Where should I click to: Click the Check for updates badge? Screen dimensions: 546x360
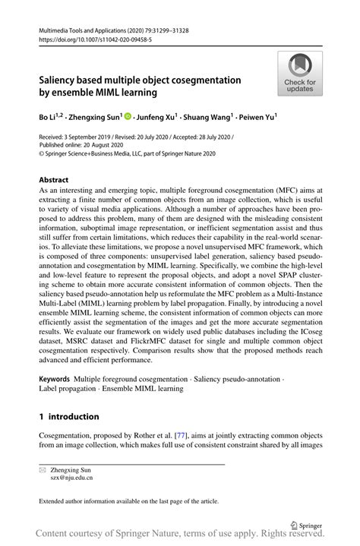click(300, 73)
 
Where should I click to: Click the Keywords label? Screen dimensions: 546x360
click(55, 377)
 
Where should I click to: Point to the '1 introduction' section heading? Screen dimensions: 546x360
click(69, 416)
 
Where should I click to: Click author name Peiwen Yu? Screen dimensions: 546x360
click(256, 118)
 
